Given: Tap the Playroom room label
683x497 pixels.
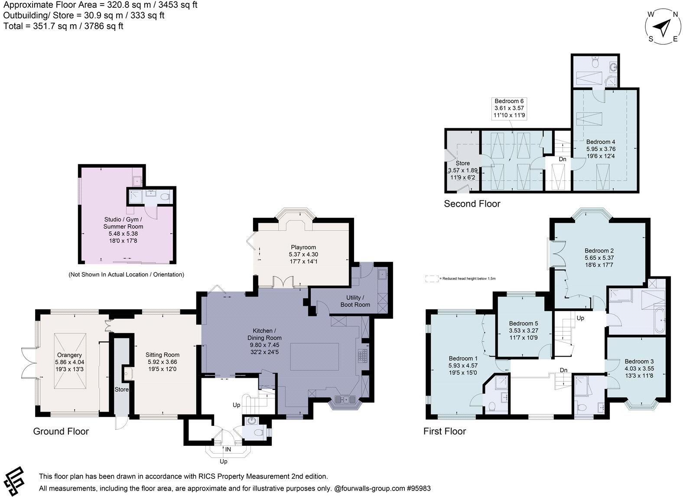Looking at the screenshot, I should pos(303,247).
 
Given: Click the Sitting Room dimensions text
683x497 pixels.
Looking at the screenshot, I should pos(163,362).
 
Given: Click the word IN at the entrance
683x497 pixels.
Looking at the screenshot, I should pos(228,449).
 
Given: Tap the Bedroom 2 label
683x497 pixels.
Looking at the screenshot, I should pos(599,250).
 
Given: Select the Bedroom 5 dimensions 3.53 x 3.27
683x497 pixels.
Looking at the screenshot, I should pos(524,330).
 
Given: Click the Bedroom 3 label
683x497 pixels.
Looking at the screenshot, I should pos(639,361).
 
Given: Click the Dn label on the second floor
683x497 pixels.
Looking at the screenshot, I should pos(562,159).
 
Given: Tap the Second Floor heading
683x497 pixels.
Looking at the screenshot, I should pos(472,204).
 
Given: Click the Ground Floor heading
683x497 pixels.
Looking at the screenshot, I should pos(61,431).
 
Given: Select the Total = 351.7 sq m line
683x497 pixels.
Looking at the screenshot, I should pos(63,26).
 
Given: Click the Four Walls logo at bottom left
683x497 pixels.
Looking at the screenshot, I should pos(14,481).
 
